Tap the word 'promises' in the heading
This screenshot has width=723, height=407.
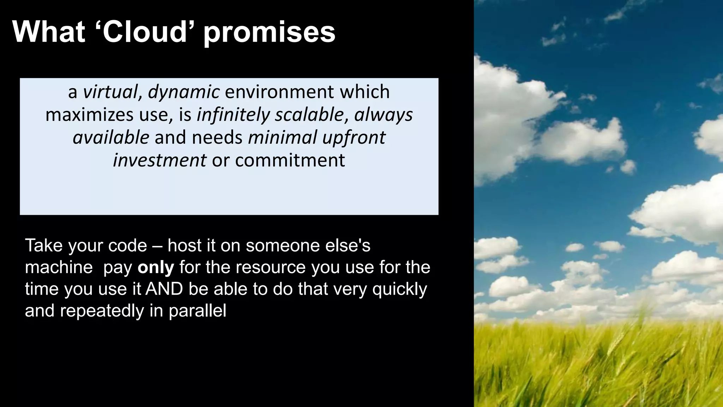click(269, 33)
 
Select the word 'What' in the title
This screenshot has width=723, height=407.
click(49, 32)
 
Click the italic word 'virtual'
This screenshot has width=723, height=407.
click(110, 92)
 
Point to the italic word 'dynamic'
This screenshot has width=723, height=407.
click(184, 93)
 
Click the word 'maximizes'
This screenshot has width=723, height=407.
click(89, 115)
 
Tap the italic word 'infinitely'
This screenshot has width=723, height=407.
click(233, 115)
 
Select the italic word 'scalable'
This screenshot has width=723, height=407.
click(309, 115)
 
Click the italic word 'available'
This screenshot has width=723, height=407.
click(111, 137)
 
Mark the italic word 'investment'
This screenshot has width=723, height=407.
click(160, 160)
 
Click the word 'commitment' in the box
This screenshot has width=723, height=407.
click(289, 160)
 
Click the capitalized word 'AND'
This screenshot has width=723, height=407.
click(164, 289)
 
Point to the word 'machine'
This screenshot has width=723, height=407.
click(59, 267)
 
